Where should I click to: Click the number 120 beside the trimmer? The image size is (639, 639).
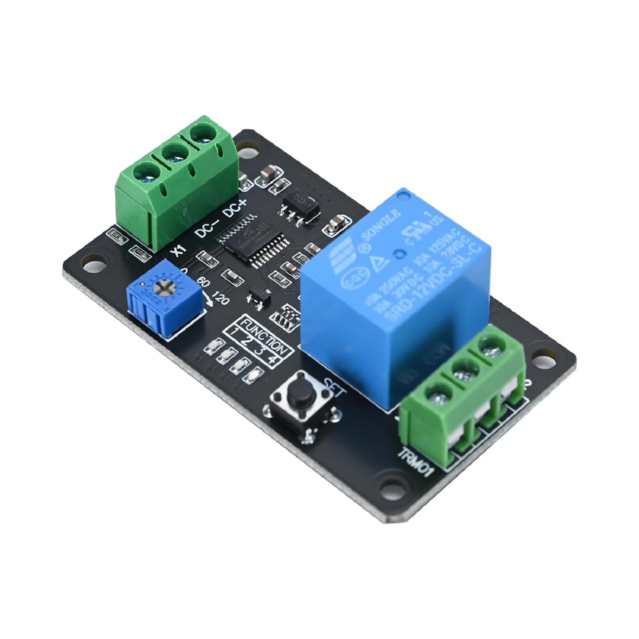222,299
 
